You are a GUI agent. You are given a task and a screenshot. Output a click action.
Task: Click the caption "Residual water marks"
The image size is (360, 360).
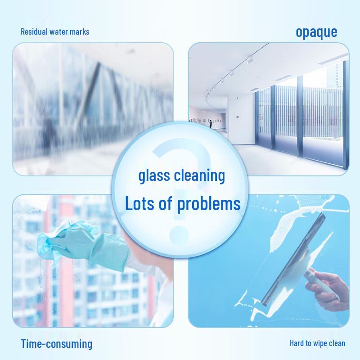pos(55,32)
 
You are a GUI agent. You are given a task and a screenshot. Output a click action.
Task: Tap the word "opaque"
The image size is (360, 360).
pos(316,32)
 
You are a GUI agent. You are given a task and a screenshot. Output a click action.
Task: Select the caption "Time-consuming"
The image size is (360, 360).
pos(56,344)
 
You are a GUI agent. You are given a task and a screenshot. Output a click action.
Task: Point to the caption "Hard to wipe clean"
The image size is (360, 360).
pos(317,343)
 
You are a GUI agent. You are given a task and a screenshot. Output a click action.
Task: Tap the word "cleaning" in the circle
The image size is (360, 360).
pos(200,175)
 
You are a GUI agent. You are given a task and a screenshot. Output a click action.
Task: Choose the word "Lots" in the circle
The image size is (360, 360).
pos(140,204)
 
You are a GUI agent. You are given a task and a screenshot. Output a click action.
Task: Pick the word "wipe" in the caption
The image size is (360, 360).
pos(319,343)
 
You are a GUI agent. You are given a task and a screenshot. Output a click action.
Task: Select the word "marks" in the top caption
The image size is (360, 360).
pos(81,32)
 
